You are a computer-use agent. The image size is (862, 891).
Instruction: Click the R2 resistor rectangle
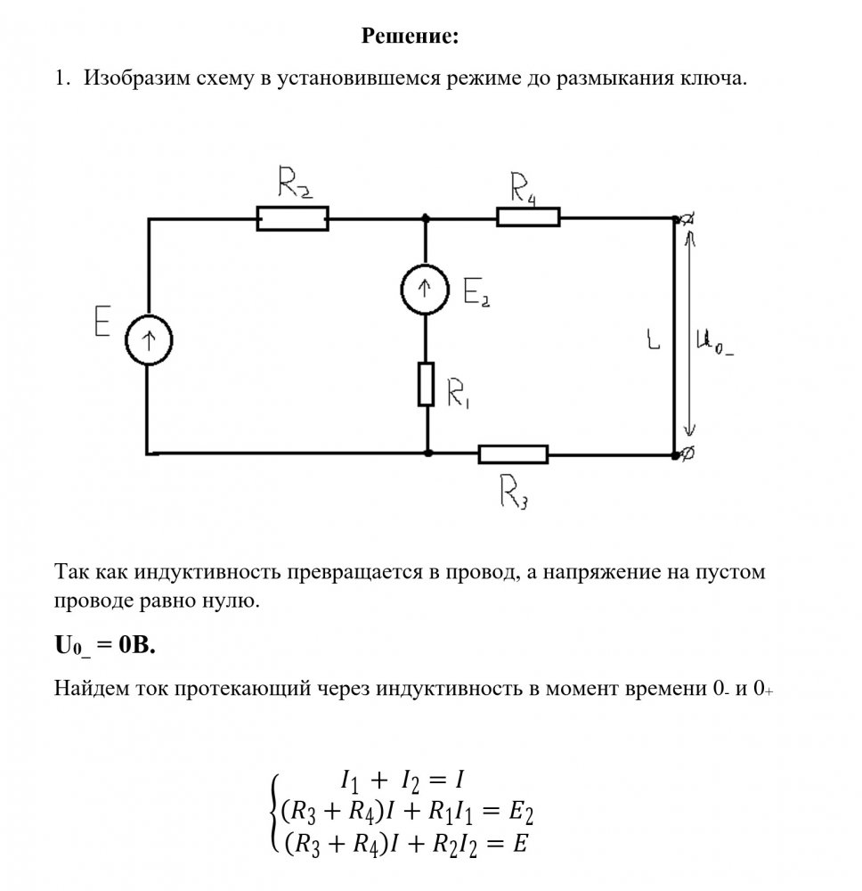[292, 218]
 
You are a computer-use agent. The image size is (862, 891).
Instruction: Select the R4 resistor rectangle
[528, 217]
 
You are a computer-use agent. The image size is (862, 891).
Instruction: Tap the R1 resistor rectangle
[427, 384]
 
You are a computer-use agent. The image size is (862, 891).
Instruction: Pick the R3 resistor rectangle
[513, 454]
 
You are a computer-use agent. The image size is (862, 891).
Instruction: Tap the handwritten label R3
[515, 490]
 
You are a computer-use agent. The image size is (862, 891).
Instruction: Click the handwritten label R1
[459, 394]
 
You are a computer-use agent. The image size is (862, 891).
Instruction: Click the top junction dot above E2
[426, 217]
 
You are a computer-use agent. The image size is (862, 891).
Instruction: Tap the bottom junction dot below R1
[428, 454]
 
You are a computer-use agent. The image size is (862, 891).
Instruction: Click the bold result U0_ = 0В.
[105, 647]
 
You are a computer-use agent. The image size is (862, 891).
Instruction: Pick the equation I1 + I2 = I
[403, 781]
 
